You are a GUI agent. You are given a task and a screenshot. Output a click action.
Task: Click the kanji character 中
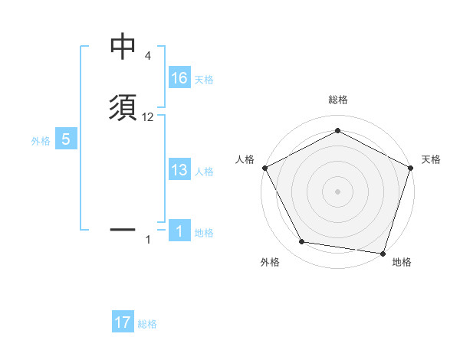tap(123, 47)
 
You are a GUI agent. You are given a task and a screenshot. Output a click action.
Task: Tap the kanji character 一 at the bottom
tap(123, 228)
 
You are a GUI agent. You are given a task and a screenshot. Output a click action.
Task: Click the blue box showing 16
tap(179, 78)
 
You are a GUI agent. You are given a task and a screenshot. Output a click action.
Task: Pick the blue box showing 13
tap(179, 170)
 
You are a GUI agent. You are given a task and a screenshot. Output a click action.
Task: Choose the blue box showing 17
tap(123, 322)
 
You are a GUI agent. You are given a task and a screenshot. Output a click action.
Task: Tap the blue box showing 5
tap(66, 139)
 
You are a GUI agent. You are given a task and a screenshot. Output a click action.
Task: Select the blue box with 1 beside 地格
tap(179, 231)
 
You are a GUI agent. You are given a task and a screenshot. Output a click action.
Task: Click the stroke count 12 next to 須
tap(149, 117)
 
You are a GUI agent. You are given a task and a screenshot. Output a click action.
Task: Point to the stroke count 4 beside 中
tap(147, 56)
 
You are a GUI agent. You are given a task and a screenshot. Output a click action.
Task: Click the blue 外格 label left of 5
tap(41, 141)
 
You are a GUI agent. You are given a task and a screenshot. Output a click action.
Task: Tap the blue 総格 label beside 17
tap(147, 324)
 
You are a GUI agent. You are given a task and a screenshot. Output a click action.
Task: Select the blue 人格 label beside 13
tap(205, 172)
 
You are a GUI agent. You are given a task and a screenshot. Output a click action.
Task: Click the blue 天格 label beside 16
tap(204, 80)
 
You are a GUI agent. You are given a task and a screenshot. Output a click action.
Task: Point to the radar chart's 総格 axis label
tap(338, 100)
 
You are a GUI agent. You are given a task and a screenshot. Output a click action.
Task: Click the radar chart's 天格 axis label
tap(431, 159)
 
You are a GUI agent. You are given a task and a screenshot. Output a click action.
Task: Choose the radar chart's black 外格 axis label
tap(270, 262)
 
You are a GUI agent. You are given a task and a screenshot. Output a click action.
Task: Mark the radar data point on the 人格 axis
tap(264, 168)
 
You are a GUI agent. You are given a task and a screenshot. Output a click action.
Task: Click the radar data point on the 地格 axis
tap(383, 253)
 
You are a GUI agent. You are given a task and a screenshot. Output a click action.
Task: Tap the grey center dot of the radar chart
tap(337, 191)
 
